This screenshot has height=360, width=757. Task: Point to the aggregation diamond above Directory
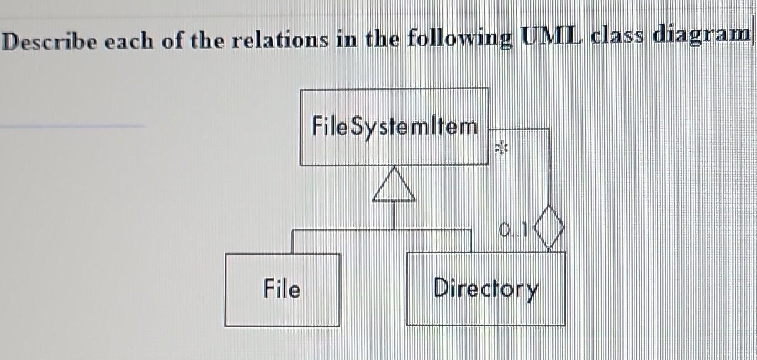548,227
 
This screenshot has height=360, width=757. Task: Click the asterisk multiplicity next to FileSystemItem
502,148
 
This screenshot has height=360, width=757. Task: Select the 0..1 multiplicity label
514,229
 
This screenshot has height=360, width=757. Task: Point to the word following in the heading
458,39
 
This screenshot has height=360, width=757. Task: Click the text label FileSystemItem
394,126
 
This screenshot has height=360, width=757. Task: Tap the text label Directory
485,288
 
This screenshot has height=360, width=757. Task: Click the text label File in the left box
282,289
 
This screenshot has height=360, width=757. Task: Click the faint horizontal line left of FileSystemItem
72,126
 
